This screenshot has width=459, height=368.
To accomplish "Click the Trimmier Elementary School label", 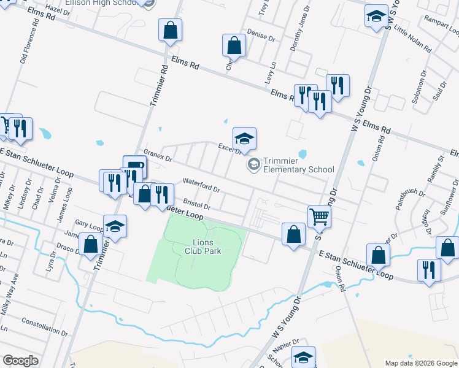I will (298, 165).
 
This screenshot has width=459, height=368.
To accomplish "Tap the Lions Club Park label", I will (203, 245).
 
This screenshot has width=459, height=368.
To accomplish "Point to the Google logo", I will (20, 361).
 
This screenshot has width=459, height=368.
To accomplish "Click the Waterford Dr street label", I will (201, 184).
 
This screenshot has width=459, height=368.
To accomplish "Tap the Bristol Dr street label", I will (196, 204).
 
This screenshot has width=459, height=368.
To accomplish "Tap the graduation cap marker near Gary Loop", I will (115, 226).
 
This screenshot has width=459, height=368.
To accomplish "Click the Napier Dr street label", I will (286, 346).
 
